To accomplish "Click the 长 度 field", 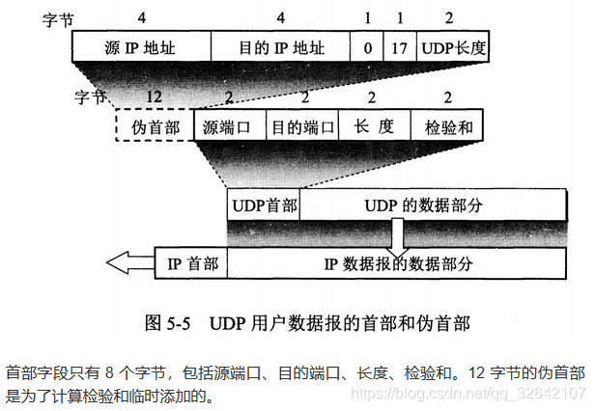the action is pyautogui.click(x=374, y=125).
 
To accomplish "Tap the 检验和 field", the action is pyautogui.click(x=446, y=125).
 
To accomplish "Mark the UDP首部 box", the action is pyautogui.click(x=264, y=205).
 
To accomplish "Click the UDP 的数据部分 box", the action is pyautogui.click(x=433, y=205).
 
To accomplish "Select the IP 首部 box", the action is pyautogui.click(x=191, y=261).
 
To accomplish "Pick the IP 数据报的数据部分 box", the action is pyautogui.click(x=396, y=261).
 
